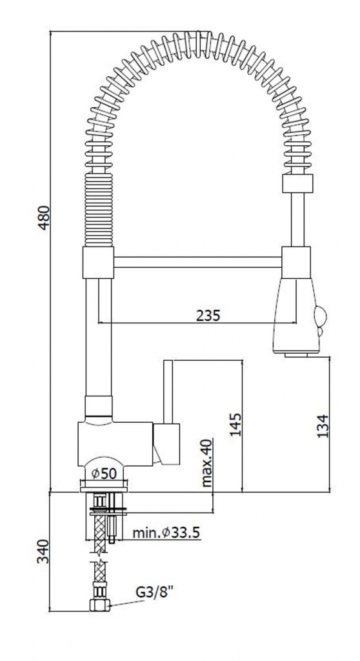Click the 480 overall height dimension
tap(44, 218)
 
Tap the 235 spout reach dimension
tap(208, 315)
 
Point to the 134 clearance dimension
tap(323, 427)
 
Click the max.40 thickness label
tap(206, 463)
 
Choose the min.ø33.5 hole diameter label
tap(166, 533)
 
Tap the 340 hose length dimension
tap(43, 551)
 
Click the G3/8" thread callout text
tap(155, 593)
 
